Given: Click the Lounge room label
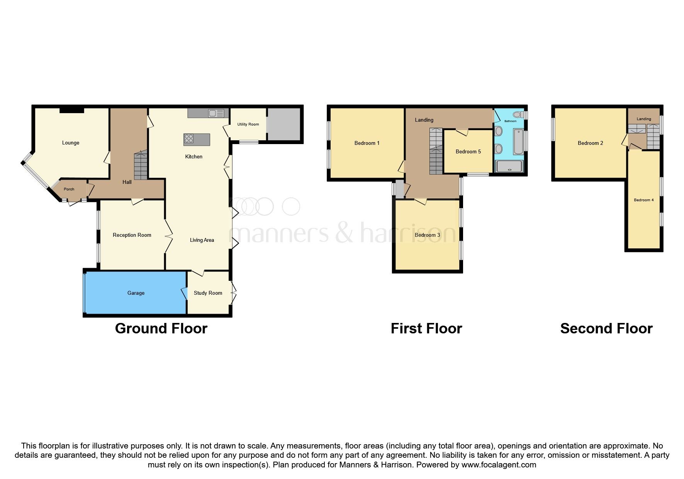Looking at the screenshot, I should click(71, 143).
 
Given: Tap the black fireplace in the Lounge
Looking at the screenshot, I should click(72, 110).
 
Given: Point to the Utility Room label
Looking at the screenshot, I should click(248, 124).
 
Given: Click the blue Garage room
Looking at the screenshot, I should click(136, 293).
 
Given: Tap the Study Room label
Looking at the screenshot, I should click(208, 293).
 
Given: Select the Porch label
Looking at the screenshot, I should click(69, 189).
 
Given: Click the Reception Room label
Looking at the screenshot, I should click(132, 235).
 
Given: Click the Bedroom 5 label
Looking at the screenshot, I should click(468, 151).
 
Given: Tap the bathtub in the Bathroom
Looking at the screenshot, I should click(518, 142).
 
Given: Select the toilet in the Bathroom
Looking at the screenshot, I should click(519, 115).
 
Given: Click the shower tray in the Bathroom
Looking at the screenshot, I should click(509, 166).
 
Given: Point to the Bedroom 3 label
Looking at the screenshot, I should click(427, 235).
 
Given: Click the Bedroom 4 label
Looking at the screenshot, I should click(643, 200).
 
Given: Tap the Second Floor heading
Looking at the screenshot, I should click(606, 329).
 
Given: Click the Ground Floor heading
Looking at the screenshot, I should click(161, 329).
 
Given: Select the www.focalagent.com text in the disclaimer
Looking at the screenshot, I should click(499, 465).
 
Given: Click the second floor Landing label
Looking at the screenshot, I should click(643, 119).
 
